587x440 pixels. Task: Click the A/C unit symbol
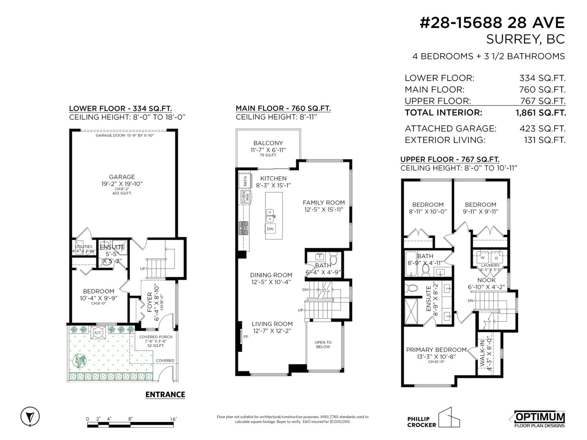tap(98, 333)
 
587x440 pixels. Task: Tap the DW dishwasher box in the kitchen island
tap(270, 229)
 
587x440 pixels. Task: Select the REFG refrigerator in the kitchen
tap(245, 180)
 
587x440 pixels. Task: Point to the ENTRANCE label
tap(165, 395)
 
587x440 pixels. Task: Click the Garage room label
tap(122, 177)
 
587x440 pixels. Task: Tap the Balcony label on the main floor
tap(268, 143)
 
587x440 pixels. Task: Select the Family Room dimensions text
tap(324, 210)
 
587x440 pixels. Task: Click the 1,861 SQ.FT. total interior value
tap(540, 113)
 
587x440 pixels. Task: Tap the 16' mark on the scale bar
tap(173, 419)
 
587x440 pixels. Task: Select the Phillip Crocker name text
tap(421, 422)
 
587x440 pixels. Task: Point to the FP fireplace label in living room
tap(245, 336)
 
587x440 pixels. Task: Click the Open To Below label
tap(323, 345)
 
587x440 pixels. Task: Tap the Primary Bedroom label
tap(436, 350)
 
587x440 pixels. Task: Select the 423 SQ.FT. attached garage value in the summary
tap(544, 129)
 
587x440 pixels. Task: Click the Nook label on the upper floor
tap(487, 280)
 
